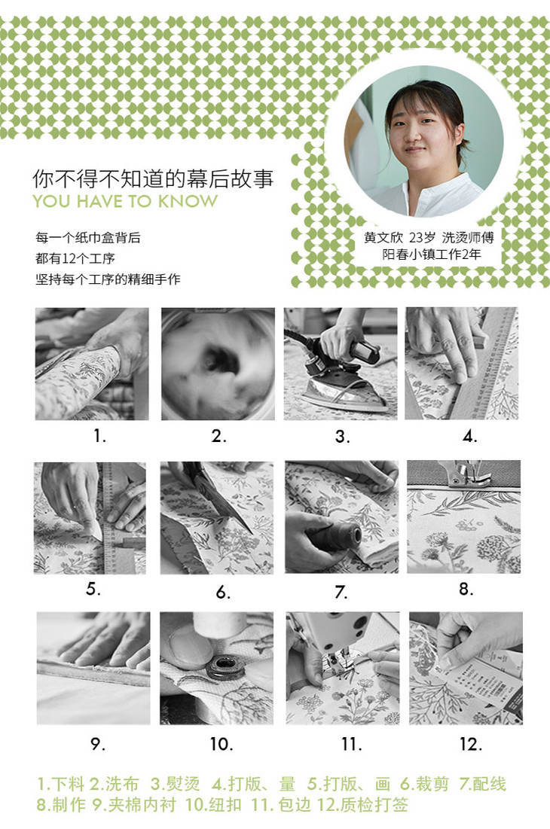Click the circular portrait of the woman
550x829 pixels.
[423, 141]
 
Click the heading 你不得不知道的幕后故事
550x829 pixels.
[153, 178]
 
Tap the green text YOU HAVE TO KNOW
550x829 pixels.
[125, 202]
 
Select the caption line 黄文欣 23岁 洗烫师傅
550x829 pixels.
[429, 237]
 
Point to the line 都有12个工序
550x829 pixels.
[75, 258]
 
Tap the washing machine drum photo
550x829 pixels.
[218, 364]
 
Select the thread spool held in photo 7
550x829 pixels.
[333, 538]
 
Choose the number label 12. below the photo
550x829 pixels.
[471, 745]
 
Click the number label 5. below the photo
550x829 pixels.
[93, 589]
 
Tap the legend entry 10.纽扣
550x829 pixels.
[213, 805]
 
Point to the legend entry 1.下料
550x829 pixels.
[61, 784]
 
